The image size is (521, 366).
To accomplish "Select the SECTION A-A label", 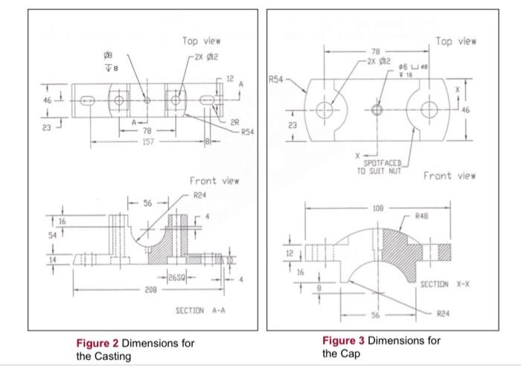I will click(196, 309).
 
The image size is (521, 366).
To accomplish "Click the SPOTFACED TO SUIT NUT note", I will click(382, 165).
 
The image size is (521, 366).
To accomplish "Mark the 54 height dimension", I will click(45, 234).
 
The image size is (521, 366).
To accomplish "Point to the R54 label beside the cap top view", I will click(278, 77).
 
